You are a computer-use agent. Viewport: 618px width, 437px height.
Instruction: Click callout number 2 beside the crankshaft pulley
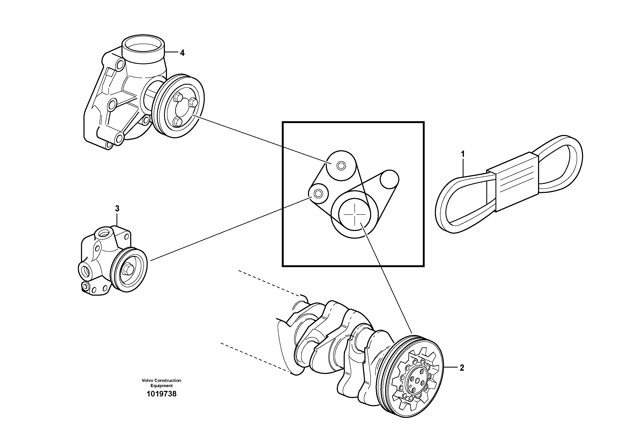[x=462, y=368]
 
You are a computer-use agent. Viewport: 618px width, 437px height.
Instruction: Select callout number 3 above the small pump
[x=117, y=209]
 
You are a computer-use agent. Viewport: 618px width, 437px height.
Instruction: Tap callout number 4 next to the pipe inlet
[x=182, y=53]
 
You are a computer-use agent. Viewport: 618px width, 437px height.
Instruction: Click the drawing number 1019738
[x=162, y=394]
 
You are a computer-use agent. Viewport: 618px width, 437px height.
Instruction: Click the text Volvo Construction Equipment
[x=162, y=383]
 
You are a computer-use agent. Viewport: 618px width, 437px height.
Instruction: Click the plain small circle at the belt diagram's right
[x=390, y=179]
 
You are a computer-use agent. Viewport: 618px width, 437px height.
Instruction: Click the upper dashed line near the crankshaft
[x=269, y=283]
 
